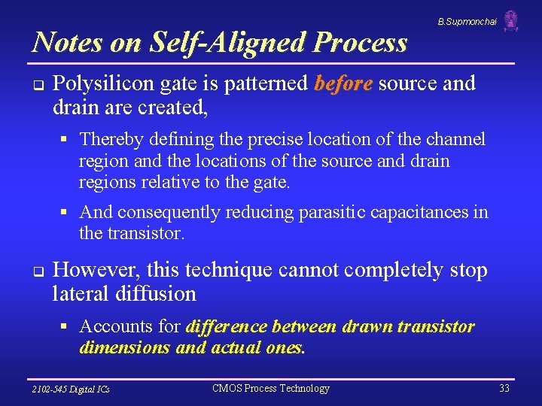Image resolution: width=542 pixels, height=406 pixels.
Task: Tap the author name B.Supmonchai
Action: tap(467, 22)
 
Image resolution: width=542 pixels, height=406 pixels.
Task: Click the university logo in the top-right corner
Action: tap(511, 21)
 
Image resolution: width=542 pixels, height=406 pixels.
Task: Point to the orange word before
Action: tap(343, 83)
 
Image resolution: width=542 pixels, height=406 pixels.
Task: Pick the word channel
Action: tap(458, 139)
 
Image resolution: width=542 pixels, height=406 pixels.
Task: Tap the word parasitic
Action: tap(334, 213)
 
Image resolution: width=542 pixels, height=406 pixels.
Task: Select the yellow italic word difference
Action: tap(226, 326)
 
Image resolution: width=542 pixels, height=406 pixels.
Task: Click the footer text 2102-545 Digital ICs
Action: tap(71, 389)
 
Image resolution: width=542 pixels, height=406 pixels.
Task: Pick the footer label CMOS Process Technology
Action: tap(271, 389)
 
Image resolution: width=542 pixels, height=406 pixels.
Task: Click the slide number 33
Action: tap(504, 389)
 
